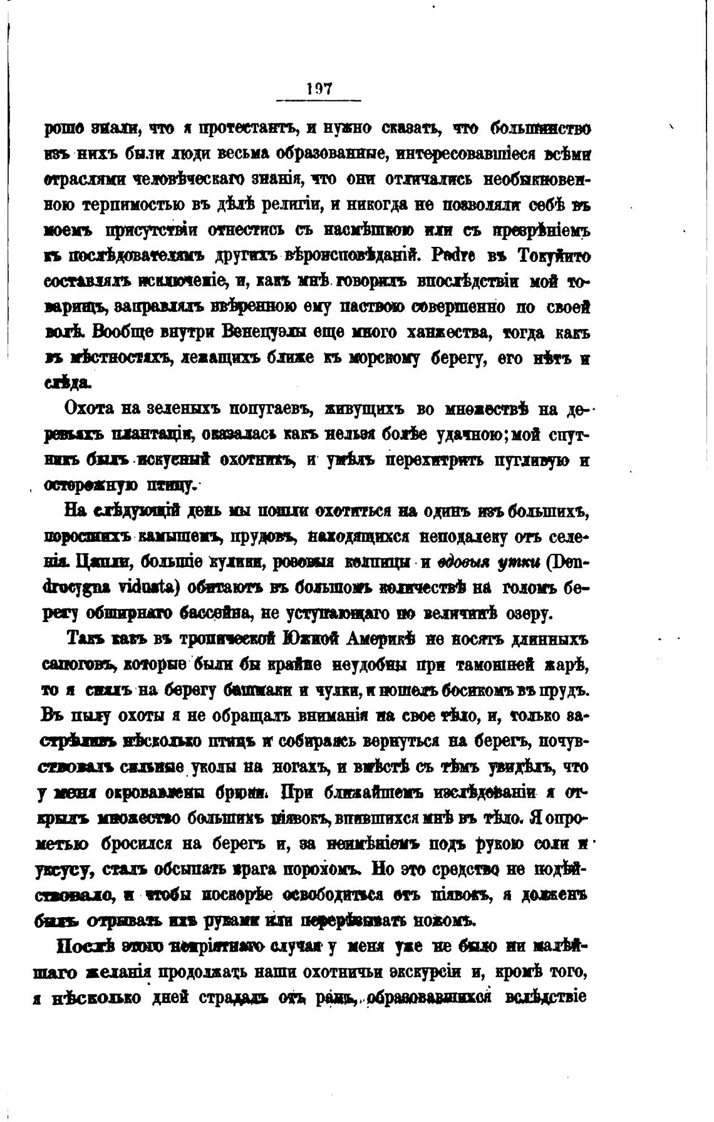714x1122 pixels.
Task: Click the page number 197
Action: coord(319,90)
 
